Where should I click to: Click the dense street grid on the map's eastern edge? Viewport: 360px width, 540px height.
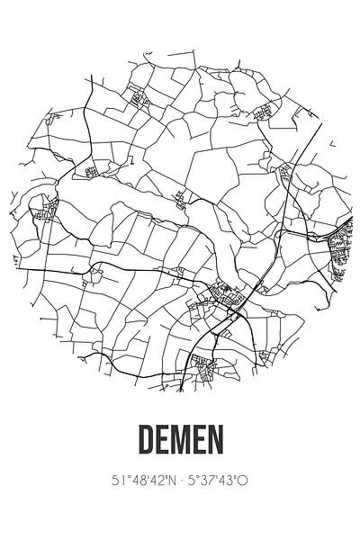(x=341, y=247)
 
